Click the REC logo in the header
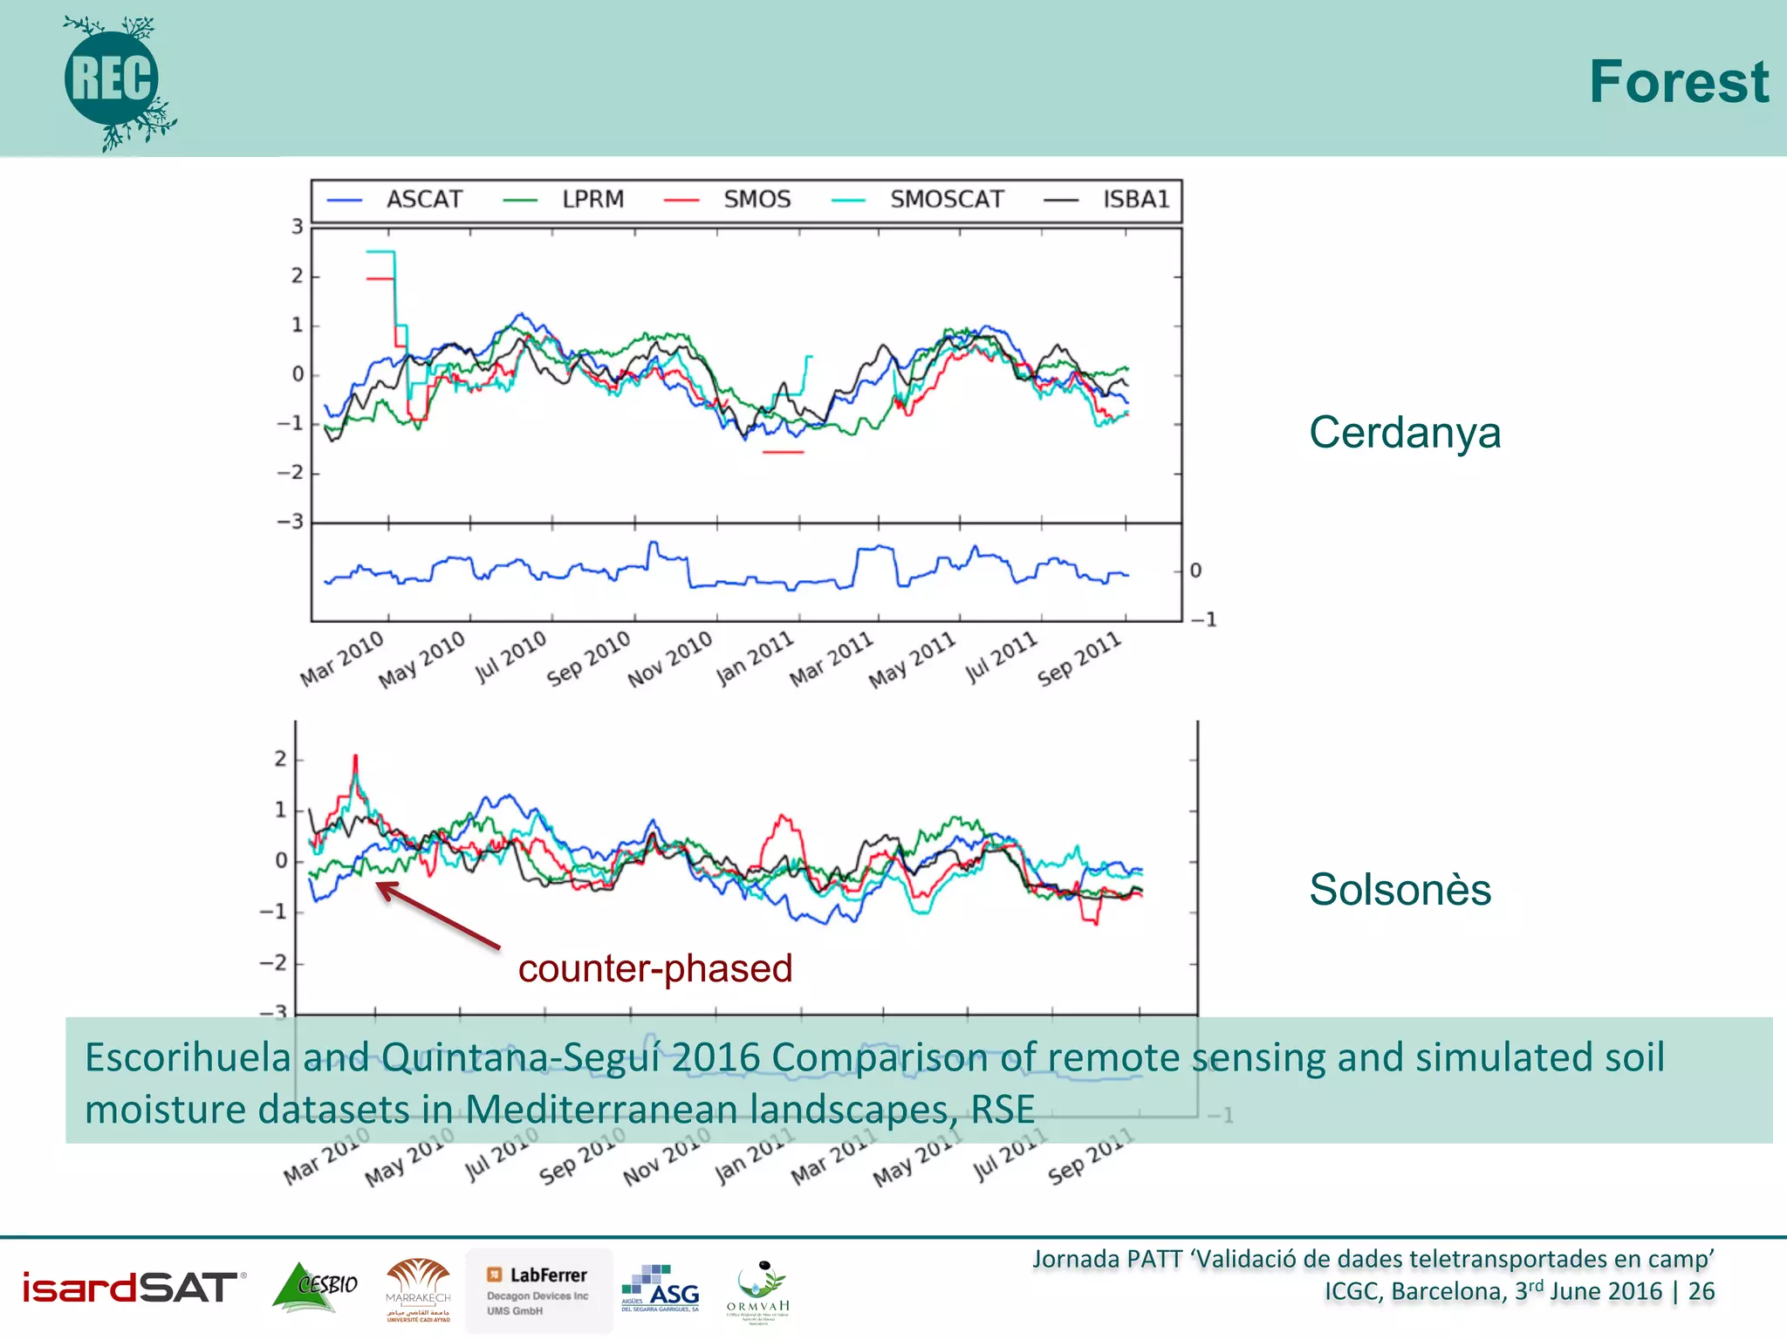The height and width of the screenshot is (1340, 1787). (x=113, y=80)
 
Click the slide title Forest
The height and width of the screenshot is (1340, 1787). (x=1678, y=82)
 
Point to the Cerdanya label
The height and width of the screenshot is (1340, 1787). (x=1404, y=433)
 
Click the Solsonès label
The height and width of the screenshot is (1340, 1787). (x=1400, y=890)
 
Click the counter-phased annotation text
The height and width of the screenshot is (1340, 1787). (x=654, y=968)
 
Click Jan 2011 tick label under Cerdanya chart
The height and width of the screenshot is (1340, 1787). (x=756, y=659)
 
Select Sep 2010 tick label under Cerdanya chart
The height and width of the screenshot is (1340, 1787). (x=589, y=659)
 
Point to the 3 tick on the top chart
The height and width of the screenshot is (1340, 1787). (x=298, y=227)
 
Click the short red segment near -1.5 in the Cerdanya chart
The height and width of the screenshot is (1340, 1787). (x=783, y=452)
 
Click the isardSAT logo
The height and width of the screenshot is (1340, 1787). (x=131, y=1288)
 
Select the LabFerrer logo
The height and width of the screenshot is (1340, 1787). (x=538, y=1289)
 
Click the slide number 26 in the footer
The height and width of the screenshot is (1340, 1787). (x=1701, y=1291)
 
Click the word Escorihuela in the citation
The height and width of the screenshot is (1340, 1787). (x=187, y=1057)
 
